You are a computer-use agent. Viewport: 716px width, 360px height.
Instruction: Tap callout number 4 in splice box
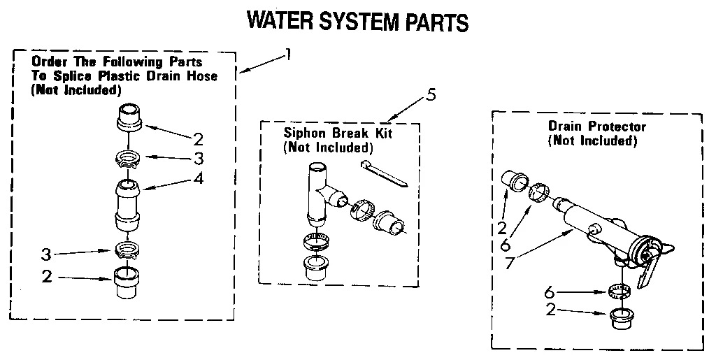tap(199, 178)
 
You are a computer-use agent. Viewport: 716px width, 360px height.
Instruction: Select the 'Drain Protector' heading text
tap(596, 127)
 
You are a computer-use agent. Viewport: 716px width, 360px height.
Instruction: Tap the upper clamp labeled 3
tap(127, 157)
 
